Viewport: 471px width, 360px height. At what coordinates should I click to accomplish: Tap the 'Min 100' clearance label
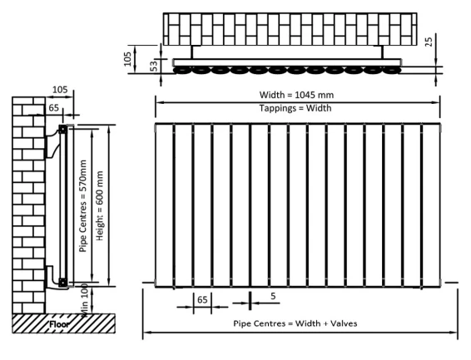(x=84, y=298)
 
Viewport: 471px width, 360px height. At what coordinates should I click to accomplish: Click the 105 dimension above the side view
(x=59, y=89)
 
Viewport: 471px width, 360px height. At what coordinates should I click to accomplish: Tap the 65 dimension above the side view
(x=53, y=107)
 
